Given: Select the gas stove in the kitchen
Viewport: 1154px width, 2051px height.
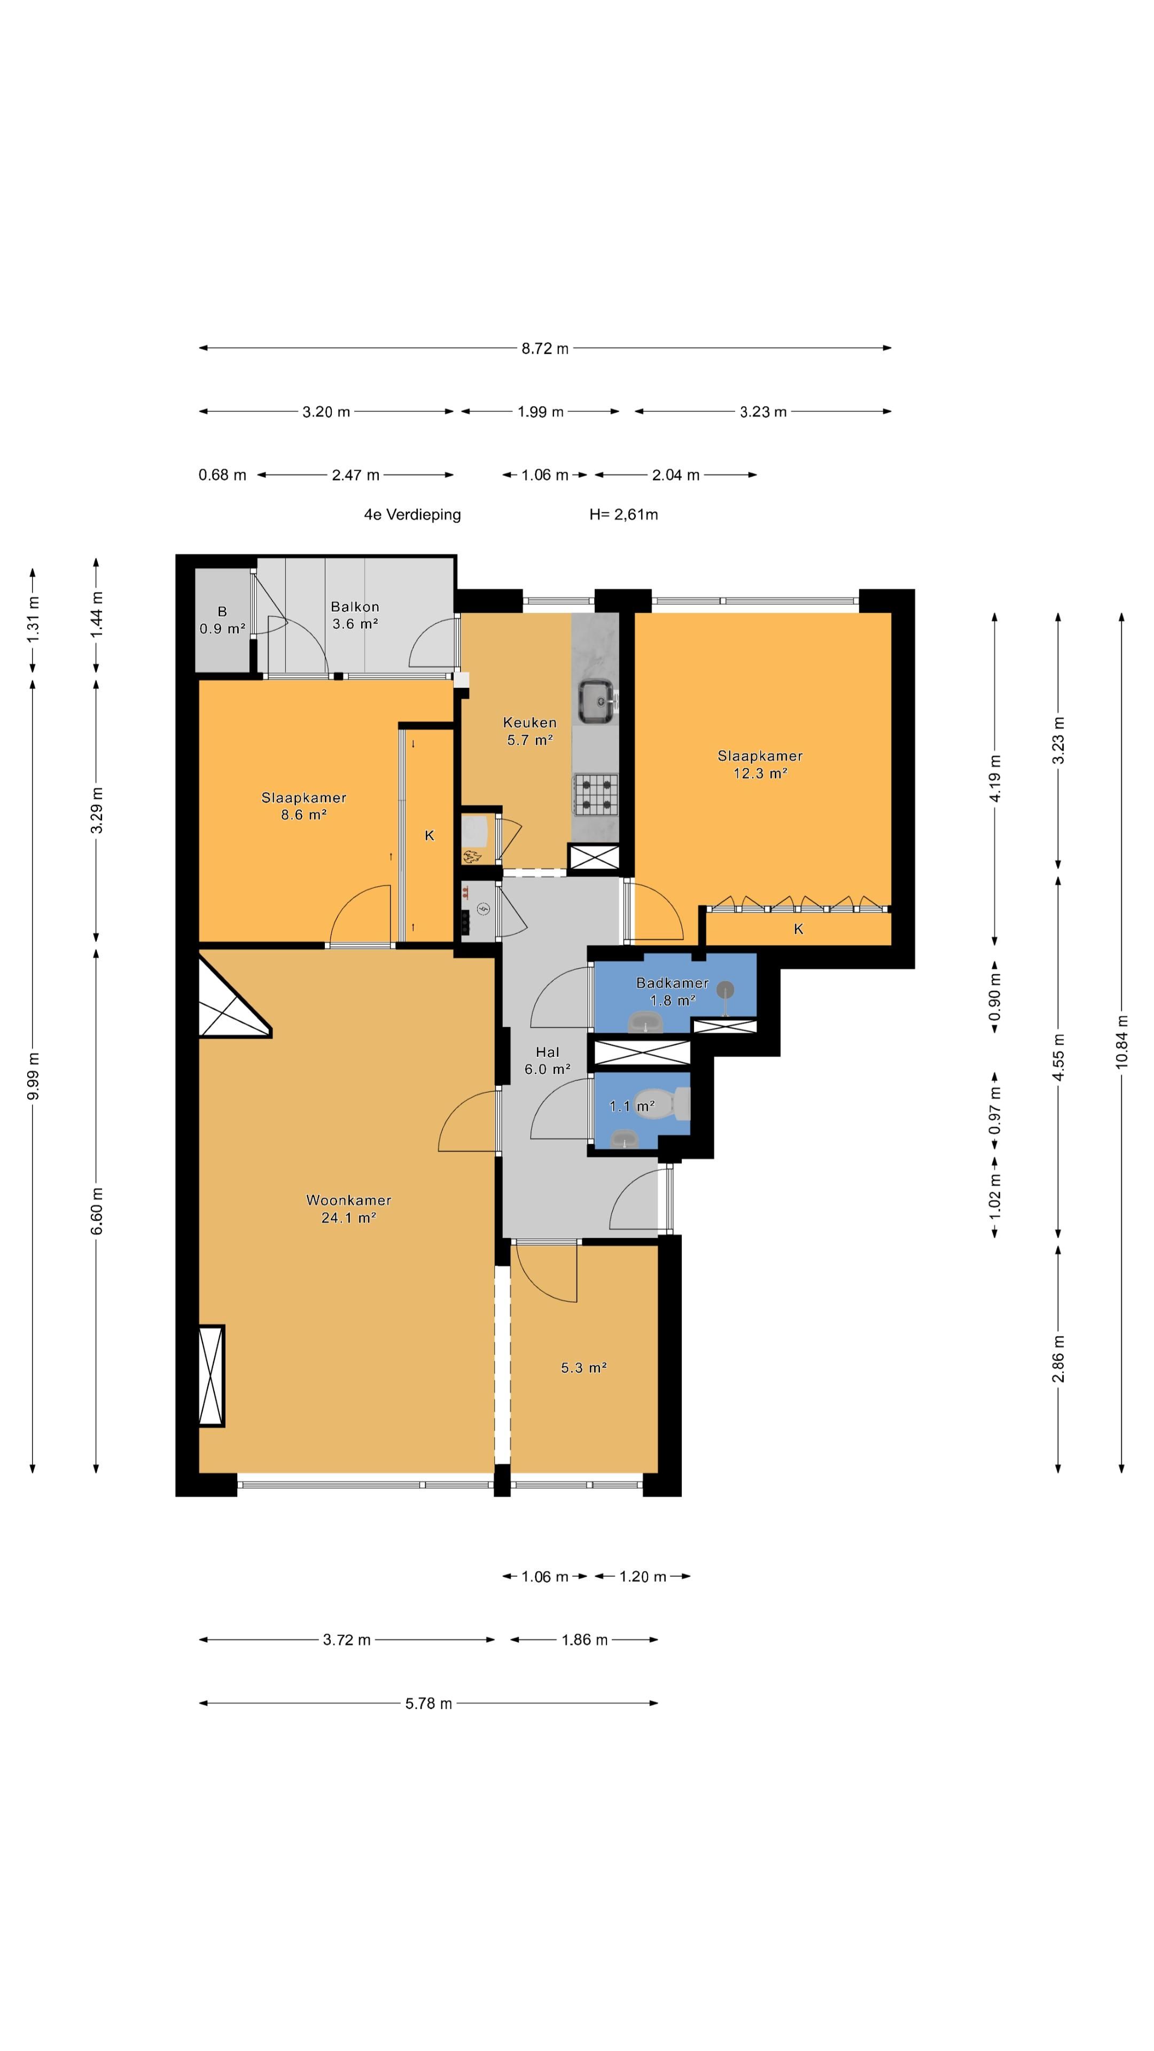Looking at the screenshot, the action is click(595, 795).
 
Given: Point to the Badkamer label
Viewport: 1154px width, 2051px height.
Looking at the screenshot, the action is click(672, 983).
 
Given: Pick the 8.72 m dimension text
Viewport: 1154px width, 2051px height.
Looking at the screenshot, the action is click(545, 348).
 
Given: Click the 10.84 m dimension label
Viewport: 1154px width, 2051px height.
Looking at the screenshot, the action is click(1121, 1042).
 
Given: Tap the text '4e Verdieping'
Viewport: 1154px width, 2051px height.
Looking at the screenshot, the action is click(412, 514).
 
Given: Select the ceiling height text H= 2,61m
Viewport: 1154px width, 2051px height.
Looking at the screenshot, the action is click(623, 514).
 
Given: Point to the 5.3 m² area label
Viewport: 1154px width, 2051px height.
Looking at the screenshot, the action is click(584, 1368).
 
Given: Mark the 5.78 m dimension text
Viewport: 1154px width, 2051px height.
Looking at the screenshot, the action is click(428, 1703).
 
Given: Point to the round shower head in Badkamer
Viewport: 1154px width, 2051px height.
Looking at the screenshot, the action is click(726, 990).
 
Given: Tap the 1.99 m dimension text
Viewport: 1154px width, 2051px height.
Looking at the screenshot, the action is click(540, 412).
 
